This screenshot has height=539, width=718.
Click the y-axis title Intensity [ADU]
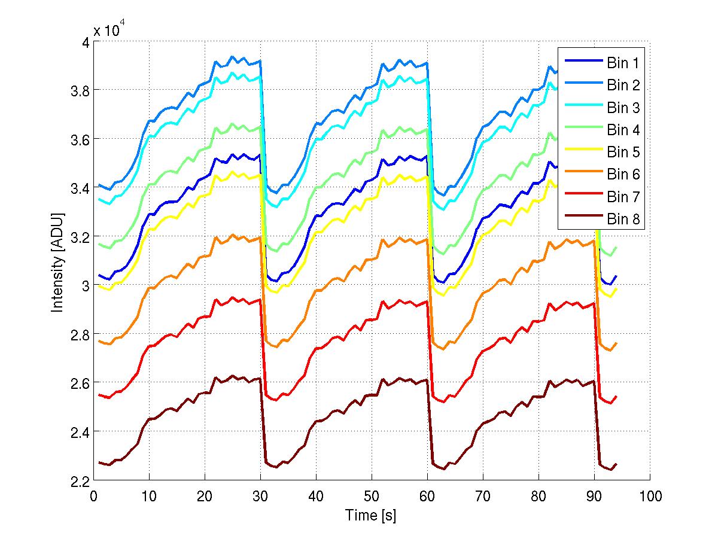[58, 261]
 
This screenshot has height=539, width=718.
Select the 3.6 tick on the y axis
[79, 139]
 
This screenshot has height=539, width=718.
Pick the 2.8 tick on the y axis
[79, 334]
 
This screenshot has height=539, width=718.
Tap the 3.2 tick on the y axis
[79, 237]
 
